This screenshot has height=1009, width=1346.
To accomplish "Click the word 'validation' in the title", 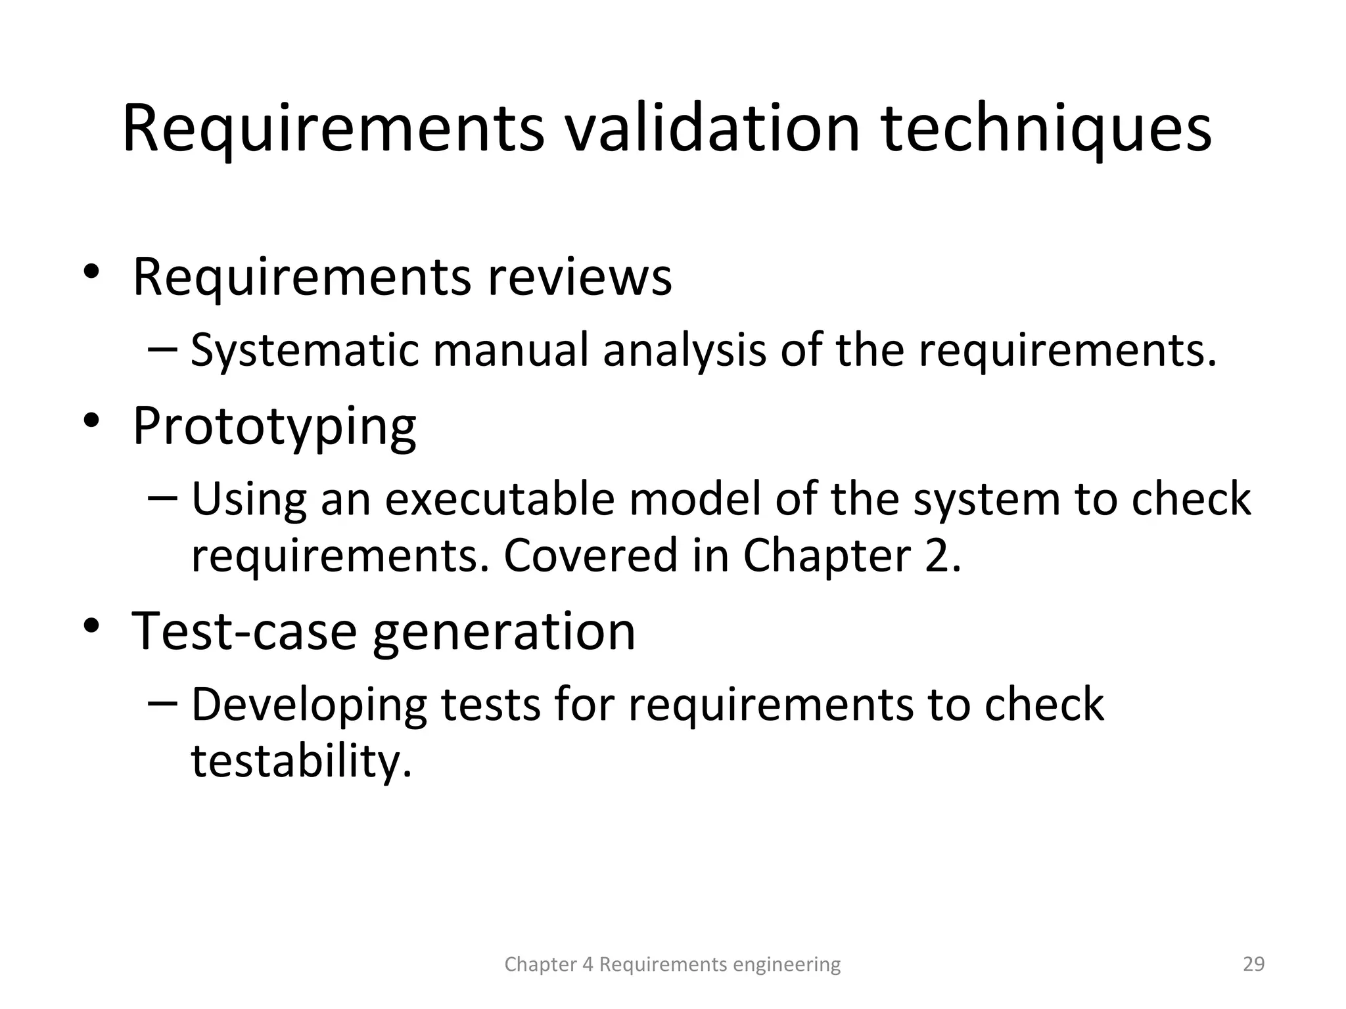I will click(712, 129).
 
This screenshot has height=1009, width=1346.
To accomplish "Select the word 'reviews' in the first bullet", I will click(580, 277).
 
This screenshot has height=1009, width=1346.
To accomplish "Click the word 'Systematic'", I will click(304, 350).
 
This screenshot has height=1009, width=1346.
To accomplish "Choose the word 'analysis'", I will click(684, 350).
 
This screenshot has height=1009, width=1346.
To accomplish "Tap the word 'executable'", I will click(499, 499).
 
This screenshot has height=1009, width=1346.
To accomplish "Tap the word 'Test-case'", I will click(244, 631).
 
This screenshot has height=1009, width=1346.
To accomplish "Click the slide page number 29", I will click(1254, 964).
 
